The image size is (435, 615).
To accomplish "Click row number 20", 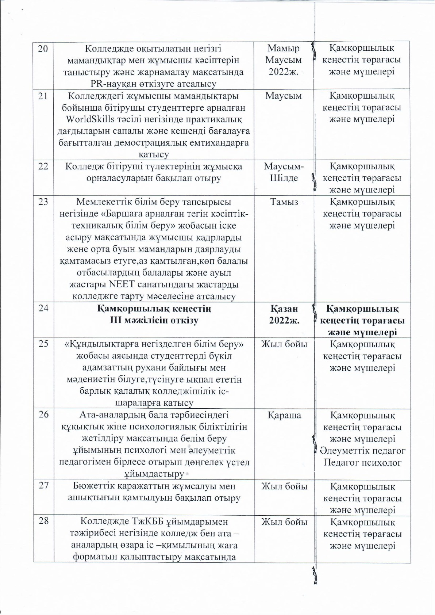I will [43, 49].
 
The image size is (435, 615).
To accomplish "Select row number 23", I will [43, 202].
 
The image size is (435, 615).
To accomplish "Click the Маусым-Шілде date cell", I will [284, 172].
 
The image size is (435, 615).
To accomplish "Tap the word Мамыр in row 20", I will [284, 48].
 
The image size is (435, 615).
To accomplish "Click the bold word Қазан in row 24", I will [284, 309].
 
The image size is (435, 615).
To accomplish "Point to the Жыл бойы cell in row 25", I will [284, 344].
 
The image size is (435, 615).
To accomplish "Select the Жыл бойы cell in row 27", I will [284, 486].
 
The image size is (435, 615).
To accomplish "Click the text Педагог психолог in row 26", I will [362, 463].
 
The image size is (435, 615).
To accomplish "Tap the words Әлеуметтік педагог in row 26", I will [362, 451].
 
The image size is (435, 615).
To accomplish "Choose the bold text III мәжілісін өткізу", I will [154, 321].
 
